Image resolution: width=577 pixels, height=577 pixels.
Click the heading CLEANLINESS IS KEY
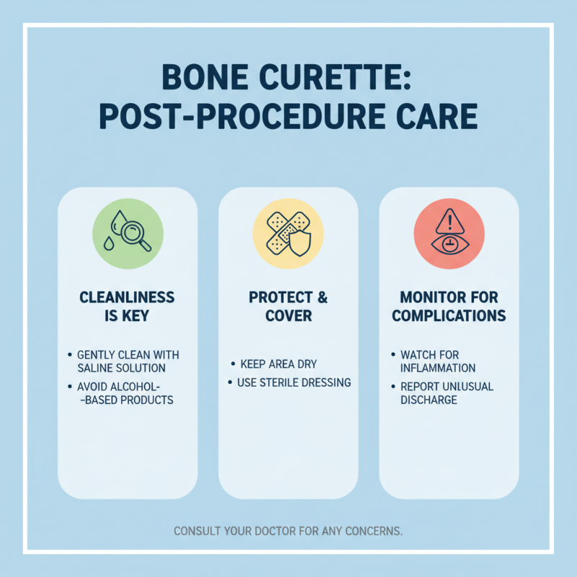128,307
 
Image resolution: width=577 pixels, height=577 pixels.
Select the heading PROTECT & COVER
288,307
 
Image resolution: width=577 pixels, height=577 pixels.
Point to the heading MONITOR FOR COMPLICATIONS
449,307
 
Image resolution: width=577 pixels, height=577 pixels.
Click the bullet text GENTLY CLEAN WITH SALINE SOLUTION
128,362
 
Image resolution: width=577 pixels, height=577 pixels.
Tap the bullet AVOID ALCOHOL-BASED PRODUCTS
128,392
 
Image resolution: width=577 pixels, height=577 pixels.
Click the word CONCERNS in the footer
373,532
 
